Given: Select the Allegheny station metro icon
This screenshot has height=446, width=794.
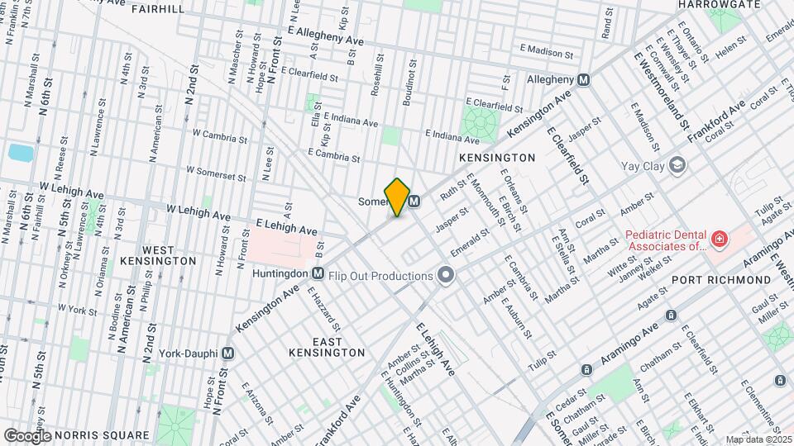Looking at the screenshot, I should (x=584, y=79).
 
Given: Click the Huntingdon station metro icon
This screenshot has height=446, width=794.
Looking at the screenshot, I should (x=318, y=273).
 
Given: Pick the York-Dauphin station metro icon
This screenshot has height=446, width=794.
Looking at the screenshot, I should (x=228, y=352).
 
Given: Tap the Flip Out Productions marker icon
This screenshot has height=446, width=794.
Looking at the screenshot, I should (x=447, y=275).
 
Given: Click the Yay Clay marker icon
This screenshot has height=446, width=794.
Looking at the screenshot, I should (x=677, y=165).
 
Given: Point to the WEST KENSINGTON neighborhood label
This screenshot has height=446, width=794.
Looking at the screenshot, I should (x=170, y=255).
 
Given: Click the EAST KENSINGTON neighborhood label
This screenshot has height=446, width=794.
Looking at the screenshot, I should (x=327, y=347).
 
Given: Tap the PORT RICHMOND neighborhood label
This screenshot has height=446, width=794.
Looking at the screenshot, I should (x=721, y=280).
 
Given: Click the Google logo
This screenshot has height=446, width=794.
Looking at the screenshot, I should (x=27, y=435).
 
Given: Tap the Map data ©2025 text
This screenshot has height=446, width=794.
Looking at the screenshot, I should (x=758, y=439).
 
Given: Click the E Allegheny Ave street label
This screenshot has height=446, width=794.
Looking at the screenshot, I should (x=337, y=35).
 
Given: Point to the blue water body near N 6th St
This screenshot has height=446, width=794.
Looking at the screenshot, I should (x=18, y=152).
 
